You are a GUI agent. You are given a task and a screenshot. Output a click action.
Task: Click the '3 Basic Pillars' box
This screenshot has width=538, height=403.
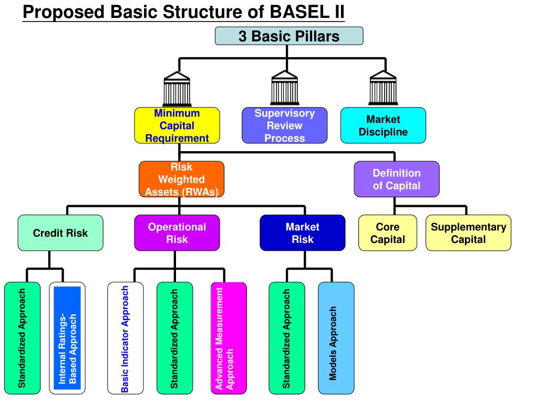click(x=289, y=36)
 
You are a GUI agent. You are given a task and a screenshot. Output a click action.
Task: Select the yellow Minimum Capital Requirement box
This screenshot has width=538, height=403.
click(x=177, y=125)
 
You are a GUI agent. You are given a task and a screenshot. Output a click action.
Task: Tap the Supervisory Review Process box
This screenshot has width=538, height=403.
click(x=284, y=125)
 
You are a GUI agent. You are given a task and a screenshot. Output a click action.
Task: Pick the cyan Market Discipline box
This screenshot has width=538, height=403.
click(x=383, y=125)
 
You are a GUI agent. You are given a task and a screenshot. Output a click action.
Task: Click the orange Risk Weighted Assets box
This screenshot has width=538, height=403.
click(x=181, y=179)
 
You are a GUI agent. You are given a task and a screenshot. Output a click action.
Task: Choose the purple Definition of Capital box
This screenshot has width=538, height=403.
click(x=397, y=179)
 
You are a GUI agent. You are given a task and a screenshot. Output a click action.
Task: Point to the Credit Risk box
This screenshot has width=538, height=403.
click(x=60, y=233)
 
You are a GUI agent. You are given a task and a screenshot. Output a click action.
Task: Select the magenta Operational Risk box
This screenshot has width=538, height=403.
click(x=177, y=233)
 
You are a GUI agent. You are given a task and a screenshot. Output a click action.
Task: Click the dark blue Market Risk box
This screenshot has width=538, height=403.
click(x=303, y=233)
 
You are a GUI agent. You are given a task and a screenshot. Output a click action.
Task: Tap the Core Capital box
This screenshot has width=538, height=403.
click(x=388, y=233)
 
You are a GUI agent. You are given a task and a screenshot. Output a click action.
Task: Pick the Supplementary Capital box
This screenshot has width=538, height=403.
click(x=468, y=233)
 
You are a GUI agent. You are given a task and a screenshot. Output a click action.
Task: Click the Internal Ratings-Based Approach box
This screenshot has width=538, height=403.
click(x=67, y=338)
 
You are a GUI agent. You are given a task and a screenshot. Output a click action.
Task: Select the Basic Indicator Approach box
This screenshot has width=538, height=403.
click(x=126, y=338)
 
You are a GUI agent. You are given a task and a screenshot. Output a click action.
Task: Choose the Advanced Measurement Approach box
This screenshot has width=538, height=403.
click(x=229, y=338)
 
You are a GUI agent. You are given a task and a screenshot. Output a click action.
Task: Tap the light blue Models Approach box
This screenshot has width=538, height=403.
click(x=336, y=338)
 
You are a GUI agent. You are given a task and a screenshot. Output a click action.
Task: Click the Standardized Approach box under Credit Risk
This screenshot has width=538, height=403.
click(x=22, y=338)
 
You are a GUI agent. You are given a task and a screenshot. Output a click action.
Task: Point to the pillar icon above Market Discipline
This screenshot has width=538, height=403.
click(x=383, y=88)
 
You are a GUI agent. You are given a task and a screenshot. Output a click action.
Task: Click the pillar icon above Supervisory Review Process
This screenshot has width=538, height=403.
click(x=284, y=88)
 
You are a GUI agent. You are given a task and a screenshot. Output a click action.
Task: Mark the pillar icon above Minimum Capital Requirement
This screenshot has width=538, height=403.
click(x=177, y=89)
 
